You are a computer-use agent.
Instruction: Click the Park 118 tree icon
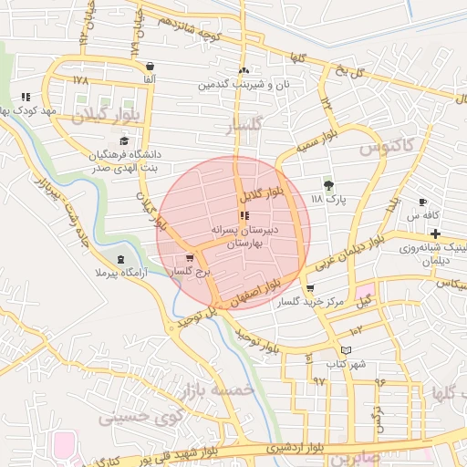pos(329,185)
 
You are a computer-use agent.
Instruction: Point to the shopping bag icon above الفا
pos(150,66)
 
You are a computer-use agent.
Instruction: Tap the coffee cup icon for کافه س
pos(422,202)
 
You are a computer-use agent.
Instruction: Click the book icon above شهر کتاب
pos(346,350)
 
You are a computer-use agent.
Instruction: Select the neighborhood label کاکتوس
pos(387,147)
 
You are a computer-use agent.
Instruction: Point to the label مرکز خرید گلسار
pos(311,302)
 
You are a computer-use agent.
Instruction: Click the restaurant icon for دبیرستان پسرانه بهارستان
pos(244,215)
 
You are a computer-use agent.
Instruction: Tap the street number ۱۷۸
pos(80,80)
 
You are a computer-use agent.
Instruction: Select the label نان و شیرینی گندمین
pos(240,85)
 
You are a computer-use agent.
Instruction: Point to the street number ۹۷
pos(319,379)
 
